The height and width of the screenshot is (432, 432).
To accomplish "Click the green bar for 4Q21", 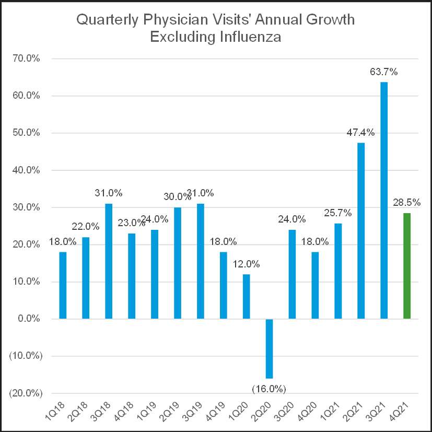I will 407,266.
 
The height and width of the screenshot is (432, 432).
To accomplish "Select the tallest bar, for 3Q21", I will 384,201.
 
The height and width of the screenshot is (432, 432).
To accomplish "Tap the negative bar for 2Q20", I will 269,348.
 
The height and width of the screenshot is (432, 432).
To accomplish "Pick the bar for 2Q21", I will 361,231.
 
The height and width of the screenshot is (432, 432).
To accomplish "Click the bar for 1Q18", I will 63,285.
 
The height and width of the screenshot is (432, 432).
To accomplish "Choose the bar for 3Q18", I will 109,261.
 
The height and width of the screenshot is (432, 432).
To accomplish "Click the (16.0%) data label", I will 269,389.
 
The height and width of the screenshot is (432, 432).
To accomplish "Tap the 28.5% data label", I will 407,202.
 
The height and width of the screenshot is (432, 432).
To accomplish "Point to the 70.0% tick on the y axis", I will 27,59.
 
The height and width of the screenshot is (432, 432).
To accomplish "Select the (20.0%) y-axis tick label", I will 24,393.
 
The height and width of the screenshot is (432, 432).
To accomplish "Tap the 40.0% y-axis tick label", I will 27,170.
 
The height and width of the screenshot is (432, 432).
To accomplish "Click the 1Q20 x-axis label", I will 241,413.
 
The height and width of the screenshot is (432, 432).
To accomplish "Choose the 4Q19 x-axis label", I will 218,413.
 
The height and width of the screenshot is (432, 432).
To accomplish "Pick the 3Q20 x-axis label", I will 287,413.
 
